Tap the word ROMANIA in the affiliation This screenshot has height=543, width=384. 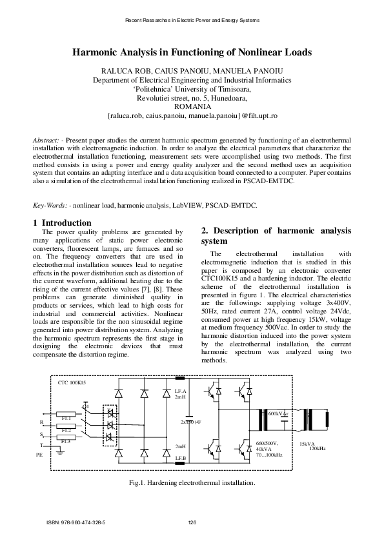[192, 106]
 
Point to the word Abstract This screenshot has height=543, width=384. [45, 140]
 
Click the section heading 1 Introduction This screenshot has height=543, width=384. [62, 223]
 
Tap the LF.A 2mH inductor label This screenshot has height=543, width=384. [180, 394]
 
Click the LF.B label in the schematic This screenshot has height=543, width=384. [181, 457]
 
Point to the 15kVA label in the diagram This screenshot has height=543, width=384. [307, 444]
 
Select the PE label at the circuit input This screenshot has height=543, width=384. [39, 455]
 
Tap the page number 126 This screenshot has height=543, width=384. [192, 522]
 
